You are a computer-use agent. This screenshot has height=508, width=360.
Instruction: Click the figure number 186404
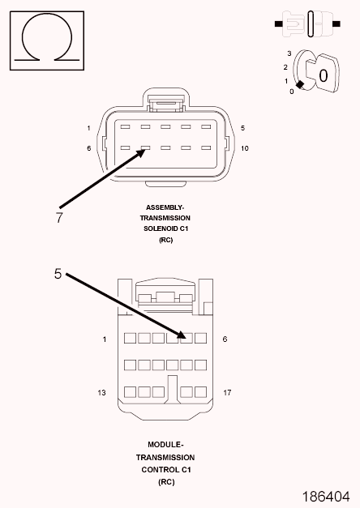click(x=326, y=497)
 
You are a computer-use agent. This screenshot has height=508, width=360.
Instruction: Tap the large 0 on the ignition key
click(x=323, y=76)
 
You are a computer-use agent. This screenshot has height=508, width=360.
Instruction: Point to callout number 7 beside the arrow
click(x=58, y=217)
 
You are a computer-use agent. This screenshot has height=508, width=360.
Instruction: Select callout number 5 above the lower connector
click(x=58, y=274)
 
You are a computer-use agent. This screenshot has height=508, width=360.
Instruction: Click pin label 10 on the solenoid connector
click(x=245, y=148)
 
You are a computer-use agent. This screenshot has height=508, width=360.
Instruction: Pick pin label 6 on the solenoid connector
click(x=89, y=148)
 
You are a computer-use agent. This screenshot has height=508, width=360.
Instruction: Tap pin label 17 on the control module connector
click(x=227, y=393)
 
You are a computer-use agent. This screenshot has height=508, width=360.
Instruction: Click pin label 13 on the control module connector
click(x=101, y=393)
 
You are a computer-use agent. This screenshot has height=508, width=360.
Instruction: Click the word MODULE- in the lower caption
click(x=165, y=445)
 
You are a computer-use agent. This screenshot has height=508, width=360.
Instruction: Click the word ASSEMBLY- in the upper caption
click(x=165, y=207)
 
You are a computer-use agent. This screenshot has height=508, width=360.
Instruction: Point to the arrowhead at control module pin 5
click(x=182, y=335)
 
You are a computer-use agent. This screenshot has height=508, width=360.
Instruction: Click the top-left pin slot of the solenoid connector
click(x=125, y=127)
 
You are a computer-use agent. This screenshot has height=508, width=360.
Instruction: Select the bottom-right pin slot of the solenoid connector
click(x=206, y=148)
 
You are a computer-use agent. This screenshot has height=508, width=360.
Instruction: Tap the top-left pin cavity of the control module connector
click(x=130, y=338)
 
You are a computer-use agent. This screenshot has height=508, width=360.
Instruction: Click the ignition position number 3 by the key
click(x=289, y=53)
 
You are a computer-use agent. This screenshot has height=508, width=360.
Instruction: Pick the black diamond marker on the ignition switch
click(x=300, y=84)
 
